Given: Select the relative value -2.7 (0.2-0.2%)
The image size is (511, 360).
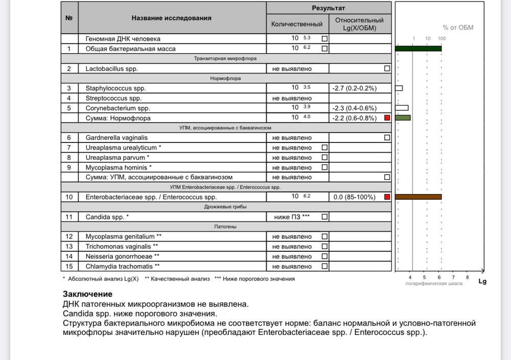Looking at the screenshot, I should (354, 88).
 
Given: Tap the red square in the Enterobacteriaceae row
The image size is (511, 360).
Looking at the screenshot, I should (387, 197).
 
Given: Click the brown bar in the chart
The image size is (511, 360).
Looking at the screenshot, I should (419, 197).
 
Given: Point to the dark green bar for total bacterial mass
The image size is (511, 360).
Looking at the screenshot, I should (419, 49).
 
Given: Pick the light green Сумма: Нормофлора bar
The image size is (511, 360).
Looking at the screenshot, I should (403, 117).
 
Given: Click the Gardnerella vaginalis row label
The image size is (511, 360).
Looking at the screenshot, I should (117, 137).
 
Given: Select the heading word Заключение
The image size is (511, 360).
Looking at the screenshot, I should (87, 294).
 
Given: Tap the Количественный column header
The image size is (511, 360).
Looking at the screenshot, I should (297, 24).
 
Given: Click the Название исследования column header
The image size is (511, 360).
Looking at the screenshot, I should (171, 18).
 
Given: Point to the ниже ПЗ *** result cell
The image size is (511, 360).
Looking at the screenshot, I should (291, 217).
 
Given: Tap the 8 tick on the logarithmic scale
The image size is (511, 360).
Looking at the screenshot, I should (467, 277).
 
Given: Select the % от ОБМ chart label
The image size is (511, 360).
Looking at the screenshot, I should (458, 28).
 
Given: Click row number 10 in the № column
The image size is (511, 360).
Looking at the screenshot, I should (69, 197).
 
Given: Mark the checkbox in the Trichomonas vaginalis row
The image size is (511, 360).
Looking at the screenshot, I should (324, 247).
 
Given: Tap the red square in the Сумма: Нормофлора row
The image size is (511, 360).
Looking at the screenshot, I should (387, 118).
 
